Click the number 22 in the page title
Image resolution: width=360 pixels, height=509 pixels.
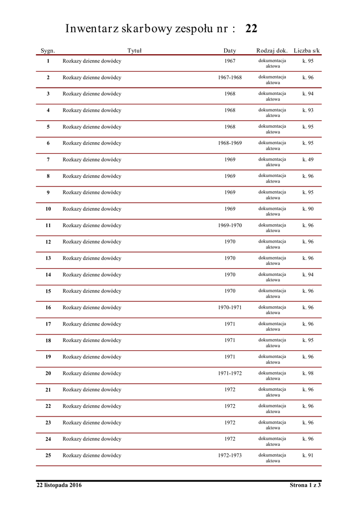[x=251, y=29]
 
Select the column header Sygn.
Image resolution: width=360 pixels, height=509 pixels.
[x=48, y=51]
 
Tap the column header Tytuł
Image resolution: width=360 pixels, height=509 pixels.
[x=134, y=51]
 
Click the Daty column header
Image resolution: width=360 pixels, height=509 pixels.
[x=230, y=51]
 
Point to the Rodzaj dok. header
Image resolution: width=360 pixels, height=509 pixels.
[x=272, y=51]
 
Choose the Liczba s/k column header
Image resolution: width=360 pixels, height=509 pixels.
[x=307, y=51]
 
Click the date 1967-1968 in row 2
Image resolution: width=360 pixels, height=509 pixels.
[x=230, y=78]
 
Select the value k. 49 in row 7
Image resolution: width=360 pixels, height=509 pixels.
[x=308, y=160]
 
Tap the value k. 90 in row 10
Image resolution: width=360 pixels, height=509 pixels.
[x=308, y=209]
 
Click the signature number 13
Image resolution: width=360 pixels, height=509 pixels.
[x=48, y=258]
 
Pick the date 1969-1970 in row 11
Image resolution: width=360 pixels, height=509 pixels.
[x=230, y=225]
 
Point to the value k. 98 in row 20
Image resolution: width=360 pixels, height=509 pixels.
[x=308, y=373]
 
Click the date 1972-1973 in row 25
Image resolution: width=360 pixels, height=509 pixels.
[x=230, y=455]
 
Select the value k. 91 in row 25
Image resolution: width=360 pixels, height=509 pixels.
[x=308, y=455]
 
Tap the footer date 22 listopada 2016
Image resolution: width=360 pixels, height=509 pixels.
[x=59, y=485]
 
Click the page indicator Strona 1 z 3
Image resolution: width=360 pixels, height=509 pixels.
[x=305, y=485]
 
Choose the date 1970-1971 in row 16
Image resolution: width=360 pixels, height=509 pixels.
[x=230, y=307]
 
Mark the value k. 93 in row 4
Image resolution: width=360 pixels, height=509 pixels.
[x=308, y=110]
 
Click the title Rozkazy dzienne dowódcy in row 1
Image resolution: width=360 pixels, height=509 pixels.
[x=92, y=61]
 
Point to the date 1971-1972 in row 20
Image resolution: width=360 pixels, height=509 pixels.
[x=230, y=373]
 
